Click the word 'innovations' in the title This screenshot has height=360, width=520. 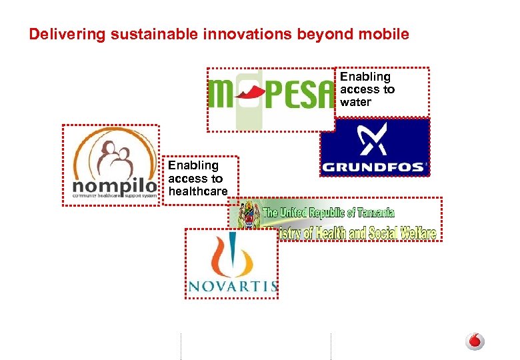pyautogui.click(x=223, y=34)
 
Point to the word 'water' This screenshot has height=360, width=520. pyautogui.click(x=355, y=102)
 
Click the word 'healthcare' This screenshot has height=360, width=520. pyautogui.click(x=198, y=192)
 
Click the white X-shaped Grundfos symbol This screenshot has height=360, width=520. pyautogui.click(x=374, y=139)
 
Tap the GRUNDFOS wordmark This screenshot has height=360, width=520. pyautogui.click(x=374, y=167)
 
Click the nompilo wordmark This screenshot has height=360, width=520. pyautogui.click(x=114, y=183)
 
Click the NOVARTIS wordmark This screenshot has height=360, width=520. pyautogui.click(x=232, y=286)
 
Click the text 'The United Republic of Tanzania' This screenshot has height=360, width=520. pyautogui.click(x=329, y=213)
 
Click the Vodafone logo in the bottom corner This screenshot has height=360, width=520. pyautogui.click(x=475, y=341)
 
